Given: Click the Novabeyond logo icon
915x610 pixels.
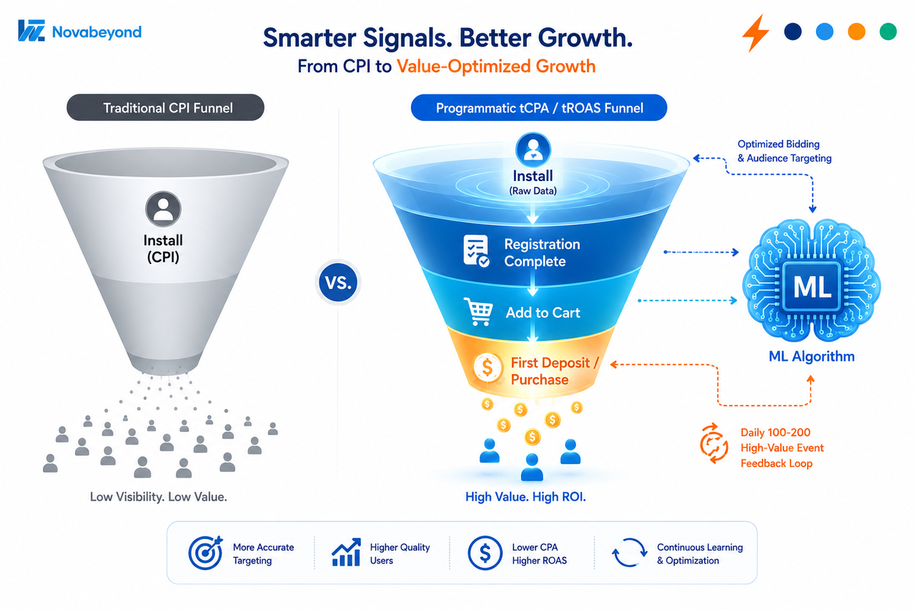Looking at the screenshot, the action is pyautogui.click(x=31, y=31).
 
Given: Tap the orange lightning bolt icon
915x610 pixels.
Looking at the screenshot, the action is pyautogui.click(x=756, y=33).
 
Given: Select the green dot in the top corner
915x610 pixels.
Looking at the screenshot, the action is pyautogui.click(x=888, y=31).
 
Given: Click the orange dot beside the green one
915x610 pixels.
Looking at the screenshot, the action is pyautogui.click(x=856, y=31).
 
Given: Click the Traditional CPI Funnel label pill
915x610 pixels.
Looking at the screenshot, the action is pyautogui.click(x=165, y=107).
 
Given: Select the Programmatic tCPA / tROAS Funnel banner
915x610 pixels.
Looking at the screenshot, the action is pyautogui.click(x=539, y=107).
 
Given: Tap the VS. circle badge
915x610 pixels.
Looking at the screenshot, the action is pyautogui.click(x=338, y=282).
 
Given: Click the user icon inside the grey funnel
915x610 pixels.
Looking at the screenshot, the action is pyautogui.click(x=163, y=209).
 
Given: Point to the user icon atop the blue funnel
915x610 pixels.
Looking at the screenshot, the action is pyautogui.click(x=533, y=149).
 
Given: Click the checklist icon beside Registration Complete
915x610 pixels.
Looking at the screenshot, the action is pyautogui.click(x=476, y=251).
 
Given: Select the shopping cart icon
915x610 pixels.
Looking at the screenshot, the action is pyautogui.click(x=478, y=311).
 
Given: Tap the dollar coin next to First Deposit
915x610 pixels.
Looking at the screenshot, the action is pyautogui.click(x=488, y=368).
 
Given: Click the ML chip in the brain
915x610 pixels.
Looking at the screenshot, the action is pyautogui.click(x=811, y=287).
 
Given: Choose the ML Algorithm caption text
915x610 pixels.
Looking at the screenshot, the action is pyautogui.click(x=811, y=356).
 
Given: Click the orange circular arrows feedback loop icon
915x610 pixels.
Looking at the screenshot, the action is pyautogui.click(x=713, y=443).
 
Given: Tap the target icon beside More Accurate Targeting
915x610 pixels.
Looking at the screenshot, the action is pyautogui.click(x=205, y=552).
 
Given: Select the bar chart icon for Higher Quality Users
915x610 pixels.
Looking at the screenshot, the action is pyautogui.click(x=346, y=552).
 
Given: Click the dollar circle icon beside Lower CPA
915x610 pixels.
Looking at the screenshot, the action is pyautogui.click(x=485, y=554).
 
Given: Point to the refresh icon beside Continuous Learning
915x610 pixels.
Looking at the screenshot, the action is pyautogui.click(x=630, y=552).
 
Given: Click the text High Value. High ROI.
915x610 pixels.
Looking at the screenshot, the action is pyautogui.click(x=525, y=497).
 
